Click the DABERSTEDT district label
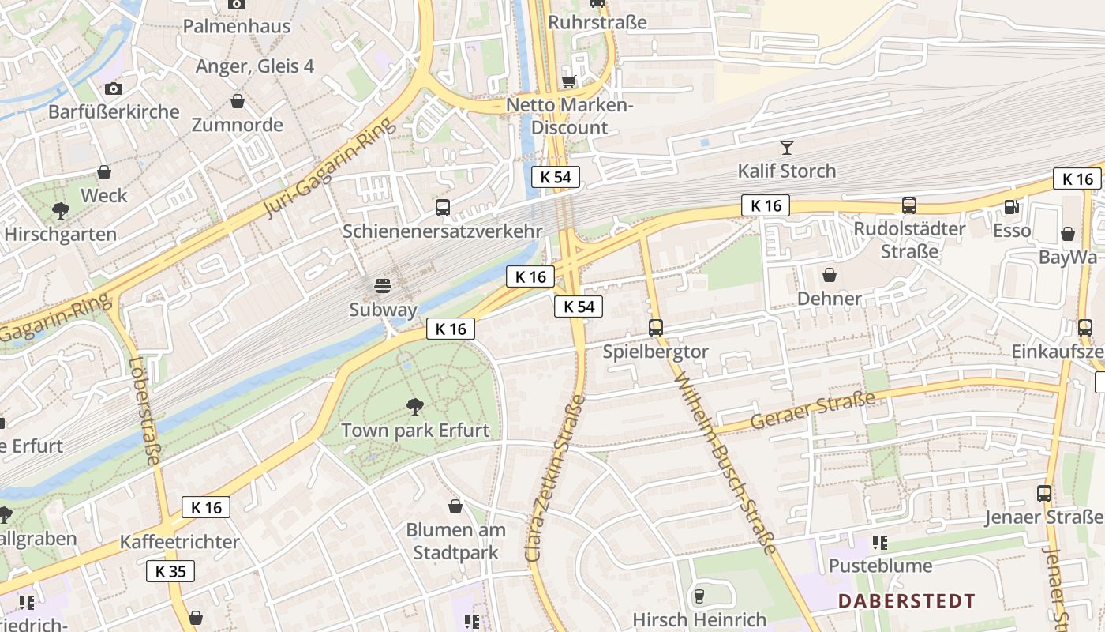(x=906, y=601)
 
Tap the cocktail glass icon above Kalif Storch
(x=786, y=147)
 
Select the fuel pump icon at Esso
(x=1010, y=207)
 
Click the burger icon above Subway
(x=383, y=285)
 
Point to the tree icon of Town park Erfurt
(x=414, y=407)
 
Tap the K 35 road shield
(x=170, y=571)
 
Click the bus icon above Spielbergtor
(x=655, y=327)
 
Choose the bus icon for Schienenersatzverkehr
(x=443, y=208)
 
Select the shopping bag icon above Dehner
(x=830, y=275)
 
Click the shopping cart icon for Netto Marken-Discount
(x=568, y=81)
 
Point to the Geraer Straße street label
(x=812, y=410)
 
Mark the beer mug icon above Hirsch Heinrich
(x=699, y=596)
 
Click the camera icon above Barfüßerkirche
(x=114, y=88)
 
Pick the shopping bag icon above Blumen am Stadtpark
(x=455, y=506)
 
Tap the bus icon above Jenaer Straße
(x=1044, y=494)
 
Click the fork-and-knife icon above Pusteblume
(x=880, y=543)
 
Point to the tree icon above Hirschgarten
(x=60, y=210)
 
